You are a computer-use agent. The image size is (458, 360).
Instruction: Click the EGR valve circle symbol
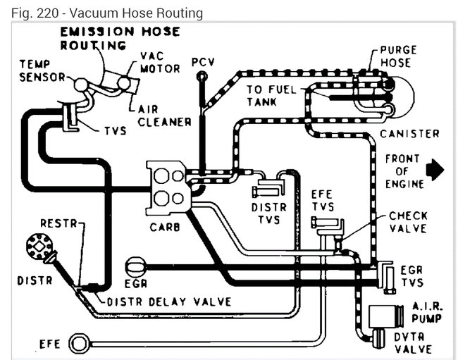(x=134, y=268)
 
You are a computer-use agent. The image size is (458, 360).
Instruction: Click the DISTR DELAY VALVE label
(x=169, y=302)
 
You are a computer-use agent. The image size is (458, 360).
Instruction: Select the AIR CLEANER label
(x=163, y=115)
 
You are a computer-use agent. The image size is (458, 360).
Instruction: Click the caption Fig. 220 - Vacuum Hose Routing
(x=102, y=13)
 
